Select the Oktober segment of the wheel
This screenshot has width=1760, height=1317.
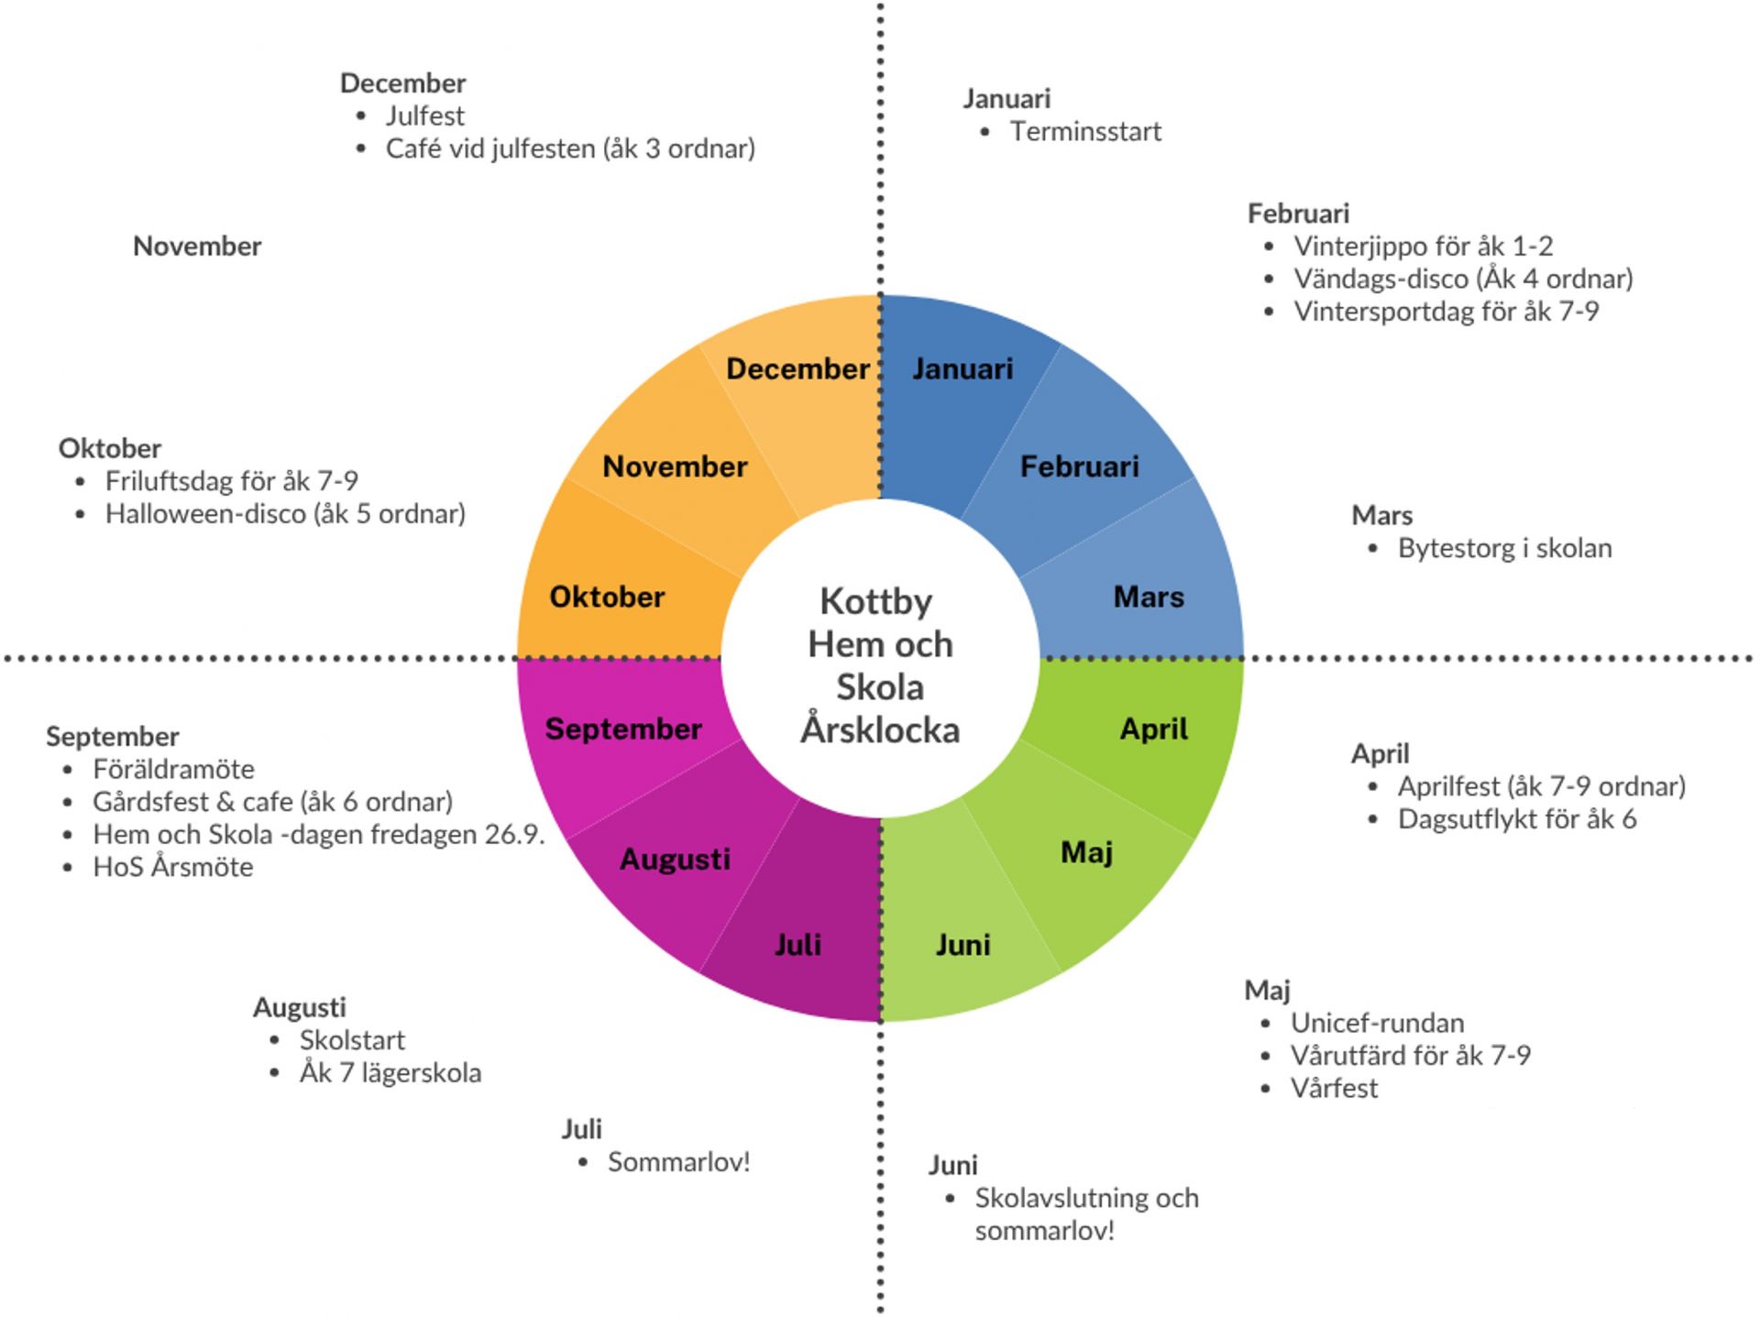(x=607, y=598)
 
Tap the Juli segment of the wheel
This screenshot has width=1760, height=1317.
(x=797, y=945)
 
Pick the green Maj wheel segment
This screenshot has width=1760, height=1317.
(x=1086, y=853)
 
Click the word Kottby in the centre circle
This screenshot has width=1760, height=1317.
(x=875, y=602)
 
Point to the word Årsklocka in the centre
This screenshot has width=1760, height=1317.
(x=880, y=730)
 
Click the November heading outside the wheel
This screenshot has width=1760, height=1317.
(x=197, y=247)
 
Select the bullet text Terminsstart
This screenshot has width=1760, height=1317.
(x=1085, y=132)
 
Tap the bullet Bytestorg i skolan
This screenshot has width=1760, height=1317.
(x=1504, y=549)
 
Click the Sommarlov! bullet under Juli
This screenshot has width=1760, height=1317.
(x=678, y=1163)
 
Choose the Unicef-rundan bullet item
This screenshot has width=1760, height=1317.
(x=1377, y=1023)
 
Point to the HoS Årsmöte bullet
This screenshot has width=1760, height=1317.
(x=172, y=867)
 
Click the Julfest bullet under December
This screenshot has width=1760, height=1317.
(x=424, y=116)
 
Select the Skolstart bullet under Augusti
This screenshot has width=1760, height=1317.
(x=352, y=1040)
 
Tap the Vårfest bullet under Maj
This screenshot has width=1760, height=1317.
(x=1334, y=1089)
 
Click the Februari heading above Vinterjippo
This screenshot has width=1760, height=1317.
(x=1298, y=214)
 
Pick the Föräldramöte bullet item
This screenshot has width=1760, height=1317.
(x=173, y=770)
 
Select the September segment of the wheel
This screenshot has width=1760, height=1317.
(x=623, y=730)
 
